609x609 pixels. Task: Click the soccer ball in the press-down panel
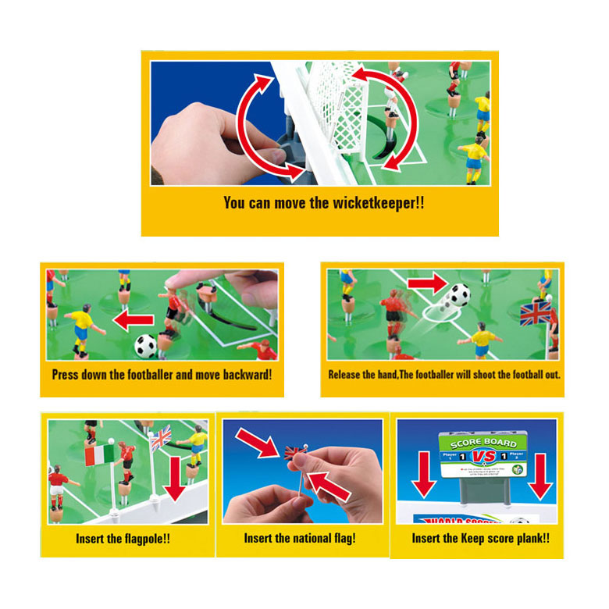[146, 345]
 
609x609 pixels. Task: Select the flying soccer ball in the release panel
[458, 295]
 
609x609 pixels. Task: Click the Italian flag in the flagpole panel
[100, 454]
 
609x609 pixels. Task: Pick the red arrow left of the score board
[423, 475]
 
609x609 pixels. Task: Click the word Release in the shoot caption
[344, 375]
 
